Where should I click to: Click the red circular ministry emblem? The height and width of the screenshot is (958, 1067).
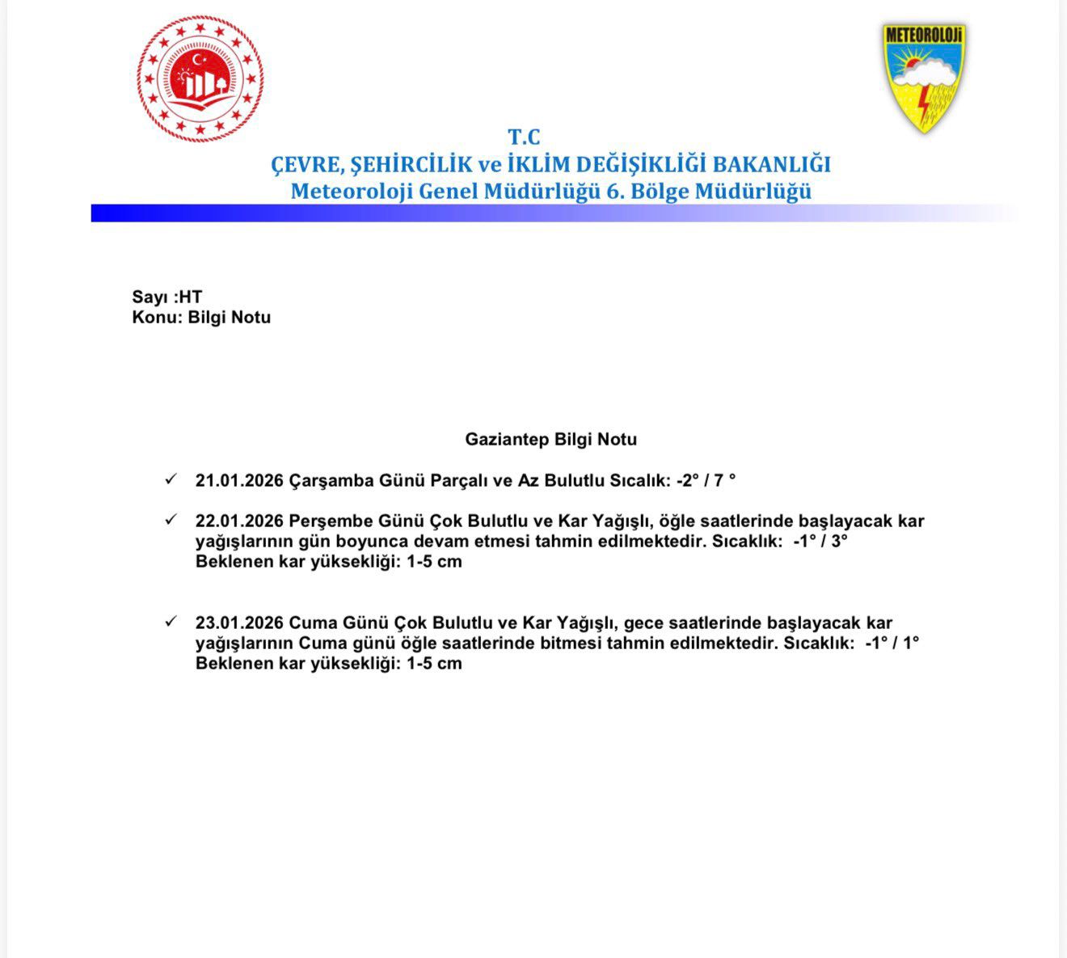point(200,79)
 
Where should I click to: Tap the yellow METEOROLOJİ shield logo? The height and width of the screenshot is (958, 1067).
point(924,78)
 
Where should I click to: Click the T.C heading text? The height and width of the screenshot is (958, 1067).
point(524,137)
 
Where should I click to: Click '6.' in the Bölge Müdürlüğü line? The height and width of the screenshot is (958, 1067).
point(616,192)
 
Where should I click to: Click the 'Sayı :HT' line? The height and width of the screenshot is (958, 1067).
point(167,297)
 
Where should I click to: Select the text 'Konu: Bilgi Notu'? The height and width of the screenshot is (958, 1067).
point(201,317)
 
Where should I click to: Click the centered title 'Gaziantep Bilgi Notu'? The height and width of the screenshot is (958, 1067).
point(550,440)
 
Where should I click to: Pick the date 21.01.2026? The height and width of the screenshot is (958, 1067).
point(239,481)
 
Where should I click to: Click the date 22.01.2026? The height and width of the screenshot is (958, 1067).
point(239,521)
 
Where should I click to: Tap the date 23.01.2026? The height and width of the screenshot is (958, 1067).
point(239,623)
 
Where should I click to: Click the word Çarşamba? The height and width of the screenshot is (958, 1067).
point(331,481)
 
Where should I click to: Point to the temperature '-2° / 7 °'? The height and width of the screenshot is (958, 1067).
point(706,481)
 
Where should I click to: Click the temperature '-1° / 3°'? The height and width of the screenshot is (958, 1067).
point(820,542)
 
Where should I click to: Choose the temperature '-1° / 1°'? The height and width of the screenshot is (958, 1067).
point(892,644)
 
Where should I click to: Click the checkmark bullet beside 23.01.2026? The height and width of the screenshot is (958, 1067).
point(171,622)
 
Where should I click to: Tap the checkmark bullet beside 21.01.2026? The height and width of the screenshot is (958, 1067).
point(171,479)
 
